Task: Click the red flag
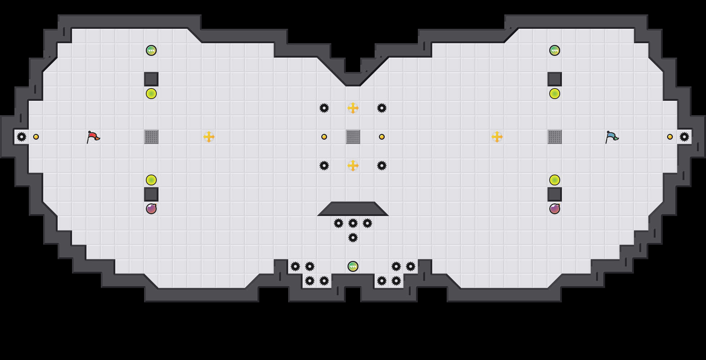pyautogui.click(x=93, y=137)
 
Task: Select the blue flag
pyautogui.click(x=612, y=137)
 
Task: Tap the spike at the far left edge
pyautogui.click(x=22, y=137)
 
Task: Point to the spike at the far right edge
pyautogui.click(x=684, y=137)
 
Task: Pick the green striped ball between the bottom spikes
pyautogui.click(x=353, y=266)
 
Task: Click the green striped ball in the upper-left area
pyautogui.click(x=151, y=50)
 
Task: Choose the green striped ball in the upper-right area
pyautogui.click(x=555, y=50)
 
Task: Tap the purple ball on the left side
pyautogui.click(x=151, y=209)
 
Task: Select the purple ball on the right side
pyautogui.click(x=555, y=209)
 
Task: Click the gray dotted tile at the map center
pyautogui.click(x=353, y=137)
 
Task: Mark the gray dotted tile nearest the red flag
pyautogui.click(x=151, y=137)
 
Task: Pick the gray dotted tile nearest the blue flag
pyautogui.click(x=555, y=137)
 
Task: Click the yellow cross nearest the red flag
pyautogui.click(x=209, y=137)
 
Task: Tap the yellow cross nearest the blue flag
pyautogui.click(x=497, y=137)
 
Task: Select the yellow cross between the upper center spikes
pyautogui.click(x=353, y=108)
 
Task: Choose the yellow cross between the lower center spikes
pyautogui.click(x=353, y=166)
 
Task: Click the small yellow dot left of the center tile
pyautogui.click(x=324, y=137)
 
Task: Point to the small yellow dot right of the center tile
pyautogui.click(x=382, y=137)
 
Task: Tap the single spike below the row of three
pyautogui.click(x=353, y=238)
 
